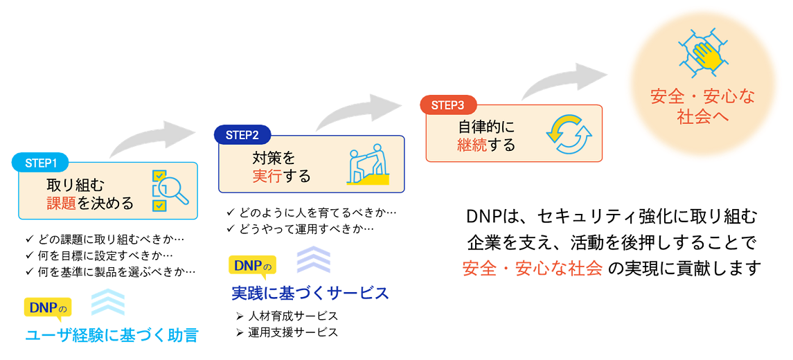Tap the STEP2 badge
pyautogui.click(x=242, y=135)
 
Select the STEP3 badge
pyautogui.click(x=447, y=105)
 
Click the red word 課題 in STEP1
pyautogui.click(x=60, y=204)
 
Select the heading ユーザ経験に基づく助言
pyautogui.click(x=112, y=336)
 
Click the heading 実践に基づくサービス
pyautogui.click(x=310, y=293)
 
